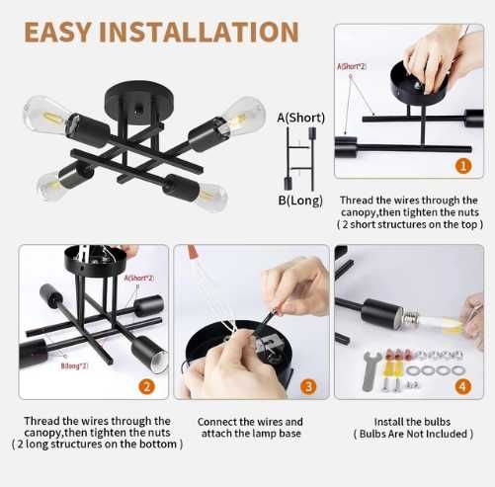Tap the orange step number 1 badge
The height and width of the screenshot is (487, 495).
463,167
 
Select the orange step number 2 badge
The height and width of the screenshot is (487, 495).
146,386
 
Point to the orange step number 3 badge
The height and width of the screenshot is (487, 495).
307,386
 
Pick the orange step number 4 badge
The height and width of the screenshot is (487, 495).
463,386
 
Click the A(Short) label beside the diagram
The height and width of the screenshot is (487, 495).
301,119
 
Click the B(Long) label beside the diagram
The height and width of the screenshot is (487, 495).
299,201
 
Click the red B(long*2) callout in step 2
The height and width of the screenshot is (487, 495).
74,365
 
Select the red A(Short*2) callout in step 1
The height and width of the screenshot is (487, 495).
352,66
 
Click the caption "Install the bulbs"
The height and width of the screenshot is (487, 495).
412,420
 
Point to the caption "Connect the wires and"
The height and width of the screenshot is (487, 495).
250,420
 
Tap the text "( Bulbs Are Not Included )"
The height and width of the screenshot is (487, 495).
412,434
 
